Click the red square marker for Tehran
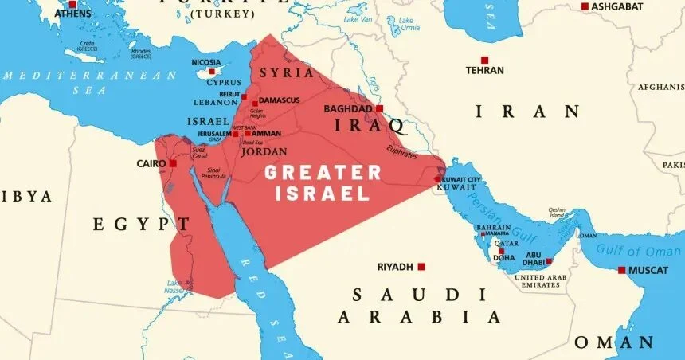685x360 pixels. click(x=483, y=60)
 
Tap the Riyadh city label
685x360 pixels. click(x=394, y=267)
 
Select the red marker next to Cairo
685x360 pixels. click(x=173, y=163)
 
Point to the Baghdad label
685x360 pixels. click(x=348, y=108)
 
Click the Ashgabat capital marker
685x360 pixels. click(x=585, y=6)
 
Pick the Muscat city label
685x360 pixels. click(x=648, y=270)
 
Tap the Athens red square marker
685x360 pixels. click(x=72, y=4)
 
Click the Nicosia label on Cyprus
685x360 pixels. click(x=207, y=62)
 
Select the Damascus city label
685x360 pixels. click(x=279, y=100)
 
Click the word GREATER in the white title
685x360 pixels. click(x=323, y=172)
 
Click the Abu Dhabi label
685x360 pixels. click(x=534, y=259)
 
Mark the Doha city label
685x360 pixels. click(x=503, y=258)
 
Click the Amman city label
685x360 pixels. click(x=266, y=133)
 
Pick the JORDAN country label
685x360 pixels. click(x=264, y=151)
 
